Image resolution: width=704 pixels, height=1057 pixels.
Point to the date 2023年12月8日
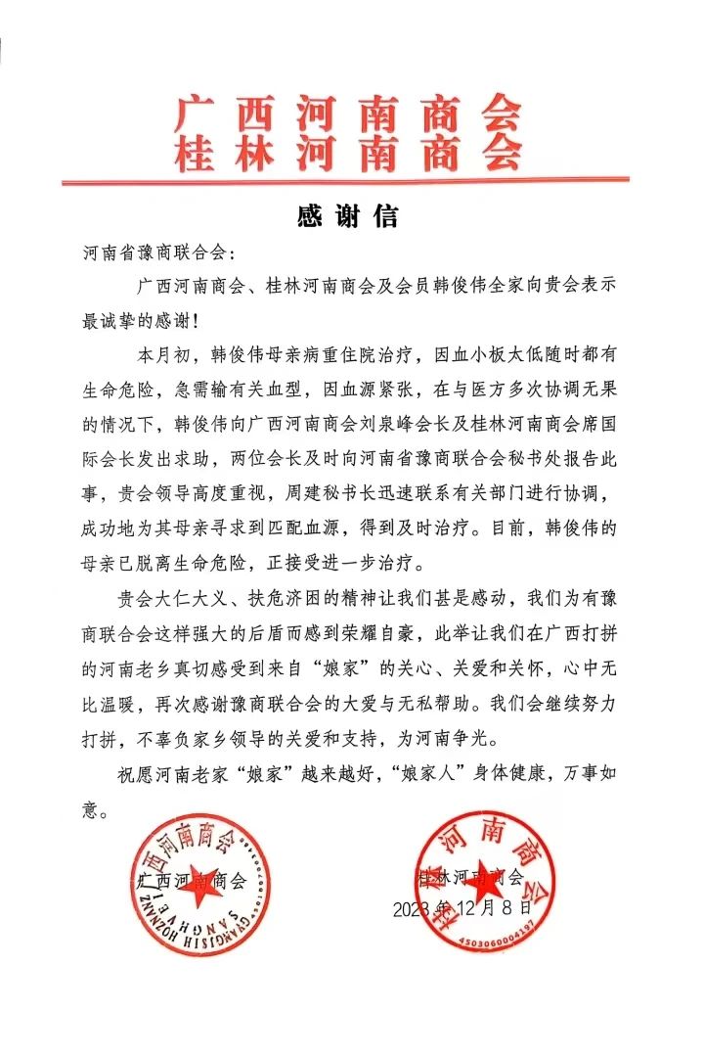click(x=463, y=908)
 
